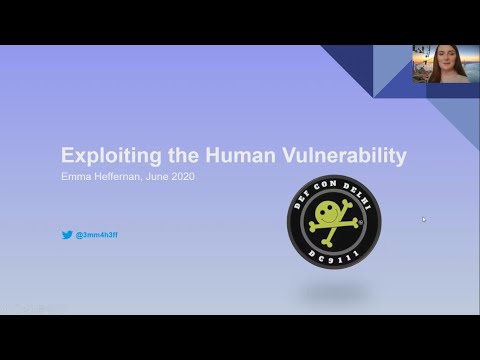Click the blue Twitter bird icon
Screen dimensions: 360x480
pyautogui.click(x=67, y=236)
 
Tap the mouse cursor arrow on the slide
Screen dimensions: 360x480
pyautogui.click(x=424, y=219)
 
